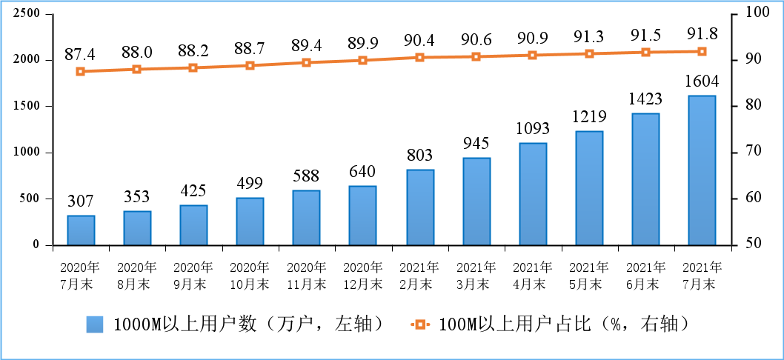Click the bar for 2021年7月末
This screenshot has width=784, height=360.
pyautogui.click(x=702, y=170)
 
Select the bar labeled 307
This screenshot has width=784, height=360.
pyautogui.click(x=81, y=230)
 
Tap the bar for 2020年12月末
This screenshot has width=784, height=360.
pyautogui.click(x=363, y=216)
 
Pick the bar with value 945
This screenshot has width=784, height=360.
pyautogui.click(x=476, y=201)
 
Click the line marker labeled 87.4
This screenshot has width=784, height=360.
pyautogui.click(x=81, y=71)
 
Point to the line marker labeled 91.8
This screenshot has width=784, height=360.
pyautogui.click(x=702, y=51)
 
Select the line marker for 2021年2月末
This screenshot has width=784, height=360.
pyautogui.click(x=419, y=57)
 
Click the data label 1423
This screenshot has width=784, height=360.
pyautogui.click(x=645, y=99)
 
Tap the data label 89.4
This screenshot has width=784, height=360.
pyautogui.click(x=306, y=47)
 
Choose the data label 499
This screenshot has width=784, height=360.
pyautogui.click(x=250, y=183)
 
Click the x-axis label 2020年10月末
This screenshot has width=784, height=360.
pyautogui.click(x=250, y=275)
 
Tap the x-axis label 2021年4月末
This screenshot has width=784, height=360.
pyautogui.click(x=532, y=275)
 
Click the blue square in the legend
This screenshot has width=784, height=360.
pyautogui.click(x=95, y=324)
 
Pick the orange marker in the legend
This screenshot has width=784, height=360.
pyautogui.click(x=420, y=324)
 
